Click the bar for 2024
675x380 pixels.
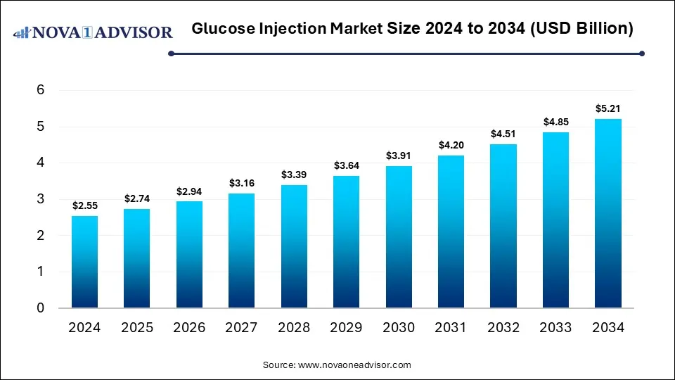[84, 262]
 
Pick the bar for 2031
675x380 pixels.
[451, 232]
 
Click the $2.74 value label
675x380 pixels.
[137, 199]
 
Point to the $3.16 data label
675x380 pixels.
[241, 184]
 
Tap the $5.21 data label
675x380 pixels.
[608, 109]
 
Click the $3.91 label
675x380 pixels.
[399, 156]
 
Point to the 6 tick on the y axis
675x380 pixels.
[41, 91]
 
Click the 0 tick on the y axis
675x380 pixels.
[41, 308]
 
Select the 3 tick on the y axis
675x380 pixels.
[41, 199]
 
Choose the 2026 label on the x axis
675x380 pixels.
[189, 328]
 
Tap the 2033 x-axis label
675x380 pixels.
[555, 328]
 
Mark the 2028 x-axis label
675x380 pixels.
[294, 328]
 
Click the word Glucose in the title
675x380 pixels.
[221, 29]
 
